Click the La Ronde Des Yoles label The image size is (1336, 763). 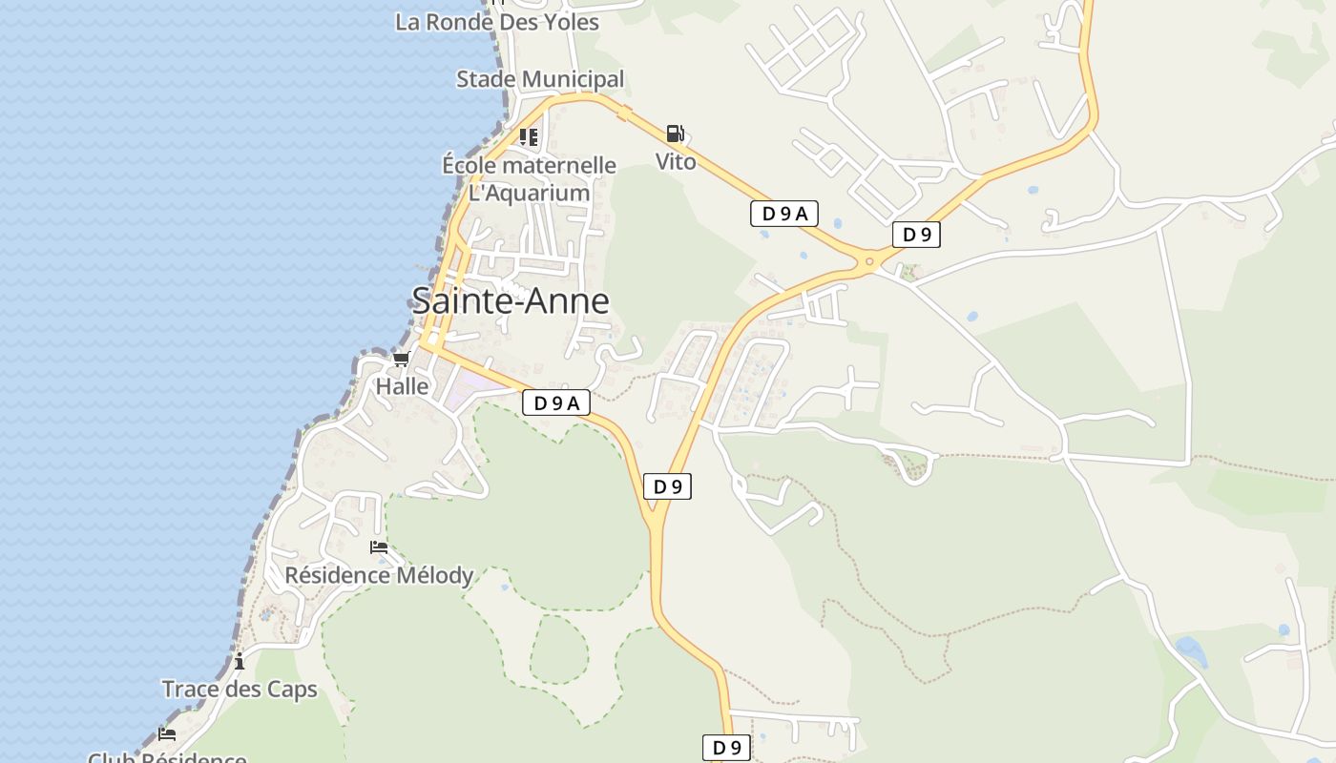[496, 22]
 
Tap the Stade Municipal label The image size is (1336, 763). [540, 79]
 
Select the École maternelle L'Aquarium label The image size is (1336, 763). [529, 179]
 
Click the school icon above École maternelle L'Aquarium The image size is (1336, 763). [529, 136]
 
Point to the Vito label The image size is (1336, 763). [676, 162]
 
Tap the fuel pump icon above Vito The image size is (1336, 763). [676, 134]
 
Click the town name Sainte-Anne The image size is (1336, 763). [510, 301]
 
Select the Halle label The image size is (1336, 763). [402, 386]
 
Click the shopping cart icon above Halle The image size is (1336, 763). [402, 360]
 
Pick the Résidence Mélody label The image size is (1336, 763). [379, 575]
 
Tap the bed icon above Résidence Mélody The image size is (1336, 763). [379, 547]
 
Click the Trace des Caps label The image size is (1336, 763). [240, 689]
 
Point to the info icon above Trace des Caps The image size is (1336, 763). [240, 660]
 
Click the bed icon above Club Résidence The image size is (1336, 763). [167, 733]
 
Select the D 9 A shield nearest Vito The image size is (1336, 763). [784, 214]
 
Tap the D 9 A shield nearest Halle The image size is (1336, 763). [556, 403]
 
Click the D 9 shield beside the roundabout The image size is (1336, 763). [916, 235]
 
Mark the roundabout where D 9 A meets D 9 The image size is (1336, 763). [869, 260]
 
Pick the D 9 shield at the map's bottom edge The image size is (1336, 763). [726, 748]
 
